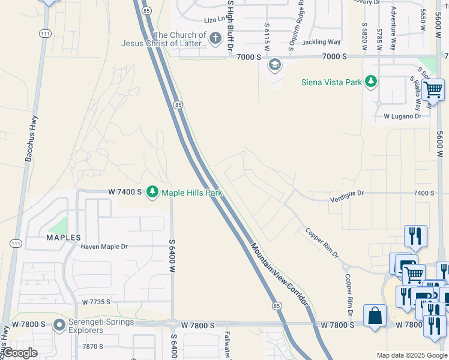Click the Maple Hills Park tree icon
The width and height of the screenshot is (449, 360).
coord(152,192)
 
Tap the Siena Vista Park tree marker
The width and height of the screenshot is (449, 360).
coord(371,81)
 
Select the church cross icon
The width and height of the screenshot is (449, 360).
coord(215,40)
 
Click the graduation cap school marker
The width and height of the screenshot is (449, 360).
coord(275,64)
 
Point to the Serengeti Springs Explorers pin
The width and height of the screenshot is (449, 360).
coord(59,326)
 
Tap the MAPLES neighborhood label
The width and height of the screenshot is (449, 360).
coord(64,238)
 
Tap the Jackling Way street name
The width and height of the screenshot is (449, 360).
coord(321,42)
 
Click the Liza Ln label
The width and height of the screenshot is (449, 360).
coord(213,19)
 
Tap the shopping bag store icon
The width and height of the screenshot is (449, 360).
coord(375,315)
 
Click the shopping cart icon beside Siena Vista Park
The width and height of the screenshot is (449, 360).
coord(433,91)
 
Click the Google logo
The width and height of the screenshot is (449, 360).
coord(20,353)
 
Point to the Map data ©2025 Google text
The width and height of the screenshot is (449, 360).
coord(412,355)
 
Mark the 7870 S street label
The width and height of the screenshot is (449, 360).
coord(93,346)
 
